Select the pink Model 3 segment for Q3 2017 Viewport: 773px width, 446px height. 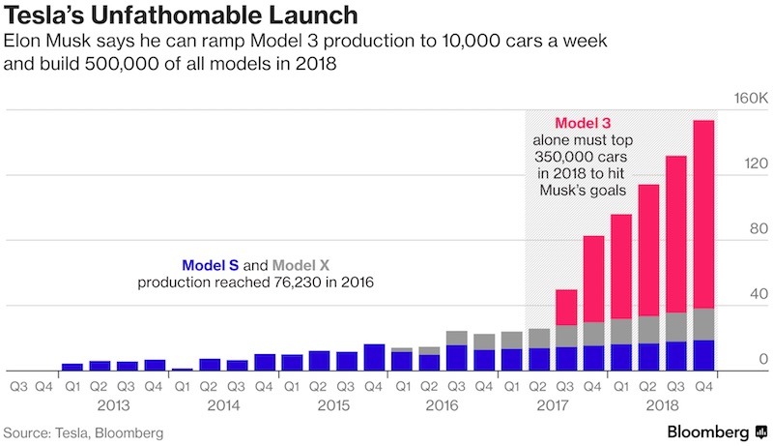point(566,308)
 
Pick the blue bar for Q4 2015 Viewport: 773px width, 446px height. point(374,357)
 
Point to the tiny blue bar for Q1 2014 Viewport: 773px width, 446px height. point(182,369)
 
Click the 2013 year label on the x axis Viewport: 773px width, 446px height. point(113,404)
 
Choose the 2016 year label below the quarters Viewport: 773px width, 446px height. point(443,404)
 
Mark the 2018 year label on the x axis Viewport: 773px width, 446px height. point(662,404)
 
